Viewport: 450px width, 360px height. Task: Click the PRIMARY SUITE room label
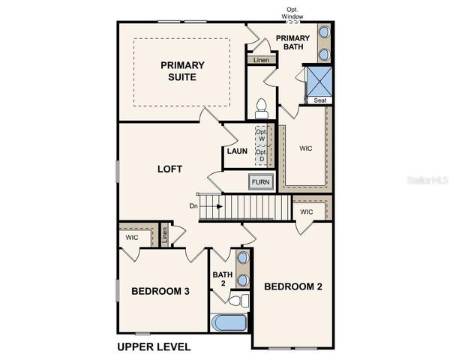click(182, 70)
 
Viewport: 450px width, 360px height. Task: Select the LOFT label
click(169, 169)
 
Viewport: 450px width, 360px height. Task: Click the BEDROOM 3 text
click(160, 291)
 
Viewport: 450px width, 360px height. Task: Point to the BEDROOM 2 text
click(293, 286)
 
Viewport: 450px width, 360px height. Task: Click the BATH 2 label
click(223, 279)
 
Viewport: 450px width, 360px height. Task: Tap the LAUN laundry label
click(237, 151)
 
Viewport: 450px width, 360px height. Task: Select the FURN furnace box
click(260, 182)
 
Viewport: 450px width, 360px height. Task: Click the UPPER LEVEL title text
click(154, 346)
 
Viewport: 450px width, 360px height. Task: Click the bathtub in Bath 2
click(229, 322)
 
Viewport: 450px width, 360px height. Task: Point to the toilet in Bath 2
click(238, 301)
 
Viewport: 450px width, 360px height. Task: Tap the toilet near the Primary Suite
click(262, 108)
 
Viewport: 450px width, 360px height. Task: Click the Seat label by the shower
click(319, 100)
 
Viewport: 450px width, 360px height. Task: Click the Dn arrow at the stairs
click(210, 205)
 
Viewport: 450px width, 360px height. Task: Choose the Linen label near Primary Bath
click(261, 60)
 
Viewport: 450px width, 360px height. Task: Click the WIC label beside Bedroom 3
click(132, 238)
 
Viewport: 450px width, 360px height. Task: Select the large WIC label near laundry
click(306, 148)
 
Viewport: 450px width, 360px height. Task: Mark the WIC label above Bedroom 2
click(306, 212)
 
